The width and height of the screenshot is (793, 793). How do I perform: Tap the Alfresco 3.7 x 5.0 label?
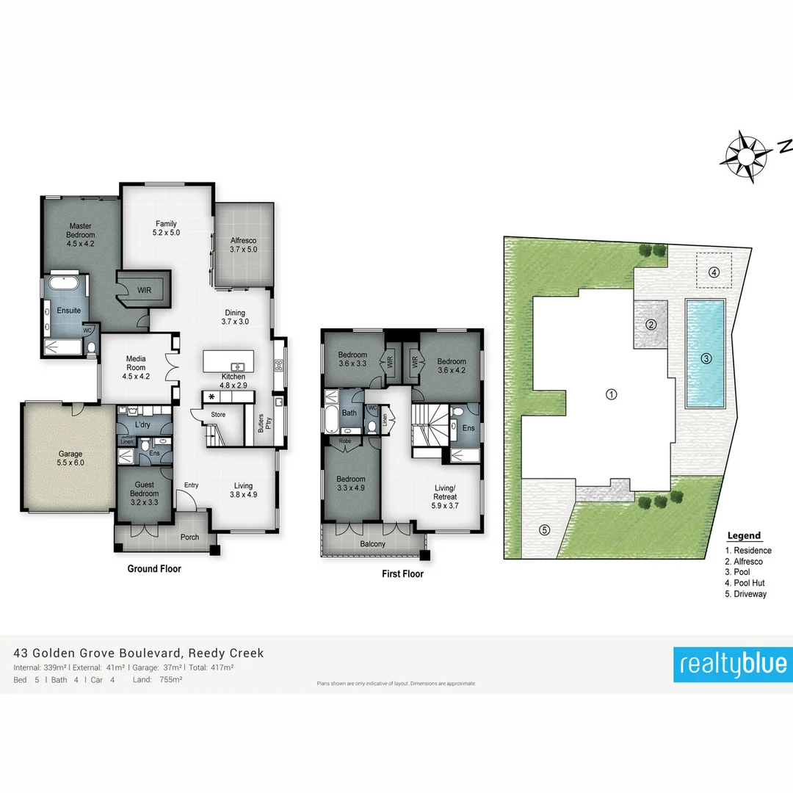click(x=243, y=245)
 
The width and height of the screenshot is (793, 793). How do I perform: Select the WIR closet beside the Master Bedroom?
click(x=145, y=290)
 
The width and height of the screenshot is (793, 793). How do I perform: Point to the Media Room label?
click(x=135, y=367)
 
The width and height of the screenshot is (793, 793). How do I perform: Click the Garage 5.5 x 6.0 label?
click(x=70, y=458)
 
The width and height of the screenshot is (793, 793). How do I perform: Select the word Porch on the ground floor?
click(x=189, y=537)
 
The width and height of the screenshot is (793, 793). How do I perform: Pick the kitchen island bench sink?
click(x=238, y=366)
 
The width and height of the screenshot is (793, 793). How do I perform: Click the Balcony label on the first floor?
click(x=372, y=544)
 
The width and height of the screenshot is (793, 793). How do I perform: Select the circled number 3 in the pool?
click(x=706, y=359)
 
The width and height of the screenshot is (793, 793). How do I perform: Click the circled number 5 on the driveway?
click(x=544, y=529)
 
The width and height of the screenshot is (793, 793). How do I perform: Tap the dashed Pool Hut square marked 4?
click(x=714, y=272)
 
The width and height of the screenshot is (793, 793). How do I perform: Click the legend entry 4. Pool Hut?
click(x=745, y=583)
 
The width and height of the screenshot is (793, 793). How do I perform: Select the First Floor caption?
click(x=402, y=574)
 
